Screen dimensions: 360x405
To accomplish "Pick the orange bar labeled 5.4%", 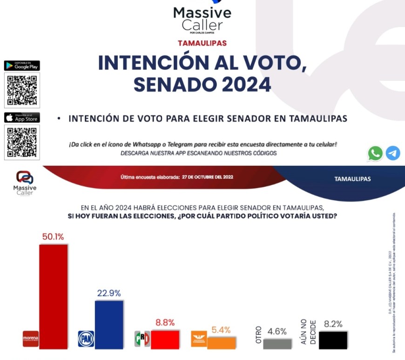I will (222, 342).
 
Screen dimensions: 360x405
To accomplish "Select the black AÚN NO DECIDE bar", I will (333, 340).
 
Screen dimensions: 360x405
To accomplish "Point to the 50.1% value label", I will (53, 237).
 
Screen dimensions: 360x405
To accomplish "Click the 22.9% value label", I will (109, 293).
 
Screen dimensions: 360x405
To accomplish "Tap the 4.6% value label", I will (277, 332).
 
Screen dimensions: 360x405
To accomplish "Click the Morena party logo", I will (30, 339).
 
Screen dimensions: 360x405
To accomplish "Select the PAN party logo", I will (86, 339).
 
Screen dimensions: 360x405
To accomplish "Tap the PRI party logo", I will (142, 339).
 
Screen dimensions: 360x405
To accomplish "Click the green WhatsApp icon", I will (375, 153).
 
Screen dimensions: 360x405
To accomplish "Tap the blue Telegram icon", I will (393, 153).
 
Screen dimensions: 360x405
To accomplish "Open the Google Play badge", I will (22, 66).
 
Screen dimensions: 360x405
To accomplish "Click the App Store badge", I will (22, 117).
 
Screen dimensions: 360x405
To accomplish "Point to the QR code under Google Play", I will (22, 90).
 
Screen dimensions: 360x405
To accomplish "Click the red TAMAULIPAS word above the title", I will (202, 43).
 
